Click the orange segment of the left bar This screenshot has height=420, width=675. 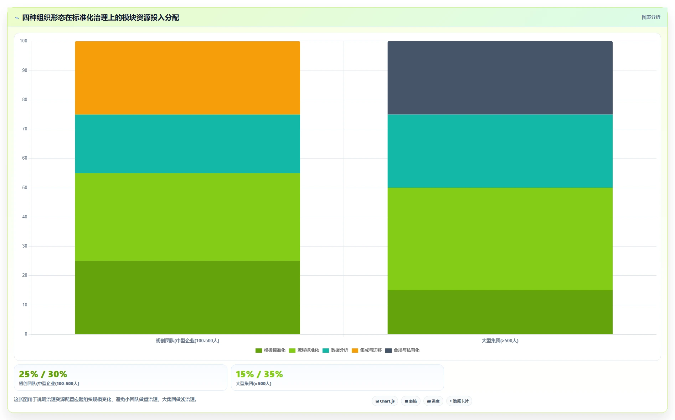[187, 78]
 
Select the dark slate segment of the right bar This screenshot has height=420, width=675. [500, 78]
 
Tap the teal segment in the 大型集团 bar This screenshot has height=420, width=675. [500, 151]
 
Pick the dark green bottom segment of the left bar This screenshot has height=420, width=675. [187, 297]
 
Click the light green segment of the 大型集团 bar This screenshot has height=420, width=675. [500, 239]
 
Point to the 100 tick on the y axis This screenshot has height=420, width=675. [24, 41]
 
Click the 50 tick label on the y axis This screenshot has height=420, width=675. [25, 188]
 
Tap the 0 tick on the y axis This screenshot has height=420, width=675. [26, 334]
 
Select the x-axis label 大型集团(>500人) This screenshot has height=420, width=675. [500, 341]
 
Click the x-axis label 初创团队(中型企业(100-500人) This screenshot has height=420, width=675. [187, 341]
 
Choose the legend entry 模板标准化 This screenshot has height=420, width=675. [270, 350]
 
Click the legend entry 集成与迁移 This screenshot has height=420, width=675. [367, 350]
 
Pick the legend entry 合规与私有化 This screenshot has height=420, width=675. [402, 350]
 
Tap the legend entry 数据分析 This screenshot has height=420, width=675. [335, 350]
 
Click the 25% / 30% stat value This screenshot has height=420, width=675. [43, 374]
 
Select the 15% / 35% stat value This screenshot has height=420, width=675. [259, 374]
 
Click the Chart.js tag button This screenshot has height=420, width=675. [385, 401]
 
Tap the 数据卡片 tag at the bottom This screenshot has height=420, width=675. [459, 401]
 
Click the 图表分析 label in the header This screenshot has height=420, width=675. [651, 17]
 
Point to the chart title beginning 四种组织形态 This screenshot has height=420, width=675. [101, 18]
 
